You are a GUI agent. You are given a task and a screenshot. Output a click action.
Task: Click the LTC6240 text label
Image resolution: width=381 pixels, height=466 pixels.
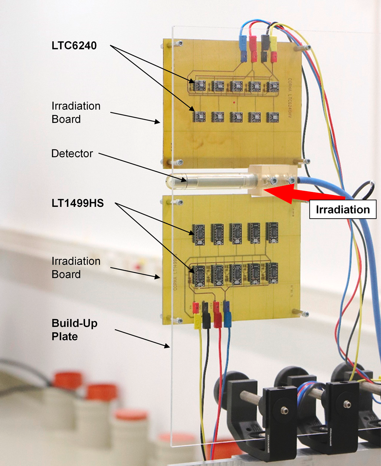[74, 46]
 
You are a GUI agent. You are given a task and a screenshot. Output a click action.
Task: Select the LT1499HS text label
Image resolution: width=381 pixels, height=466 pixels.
[78, 203]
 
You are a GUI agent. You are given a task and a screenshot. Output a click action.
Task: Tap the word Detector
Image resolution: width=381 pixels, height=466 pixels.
[72, 154]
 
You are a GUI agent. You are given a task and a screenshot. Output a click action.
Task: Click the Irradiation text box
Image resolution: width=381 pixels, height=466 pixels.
[343, 209]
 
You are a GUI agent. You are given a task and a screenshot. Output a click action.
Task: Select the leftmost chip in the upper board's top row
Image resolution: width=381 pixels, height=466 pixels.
[199, 86]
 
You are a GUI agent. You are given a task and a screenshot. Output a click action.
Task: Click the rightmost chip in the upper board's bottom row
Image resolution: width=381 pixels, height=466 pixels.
[273, 117]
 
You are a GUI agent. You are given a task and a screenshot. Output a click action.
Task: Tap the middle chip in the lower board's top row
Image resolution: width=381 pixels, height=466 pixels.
[236, 233]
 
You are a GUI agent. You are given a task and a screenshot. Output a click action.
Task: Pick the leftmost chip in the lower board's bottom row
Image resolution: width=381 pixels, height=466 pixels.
[199, 275]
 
